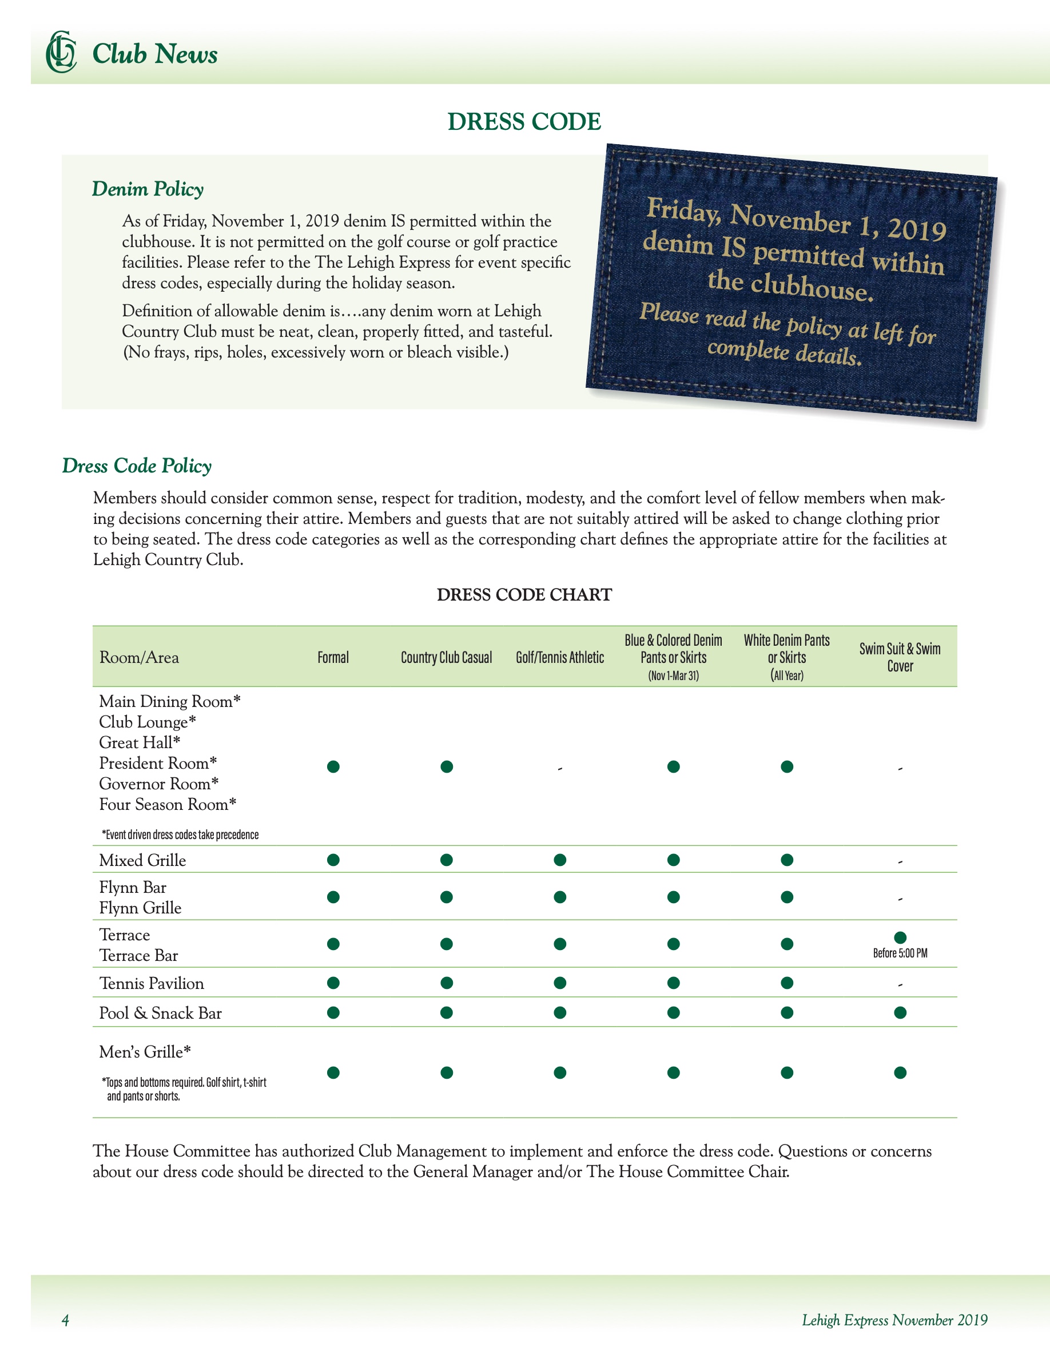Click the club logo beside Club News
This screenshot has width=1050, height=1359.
tap(61, 52)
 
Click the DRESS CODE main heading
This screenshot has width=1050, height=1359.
tap(524, 121)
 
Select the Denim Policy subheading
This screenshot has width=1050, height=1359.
tap(148, 189)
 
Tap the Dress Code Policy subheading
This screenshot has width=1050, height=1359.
tap(137, 466)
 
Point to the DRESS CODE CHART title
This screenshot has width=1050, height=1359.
tap(524, 595)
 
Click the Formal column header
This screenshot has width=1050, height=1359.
tap(333, 657)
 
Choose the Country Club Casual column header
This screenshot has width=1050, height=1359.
tap(446, 657)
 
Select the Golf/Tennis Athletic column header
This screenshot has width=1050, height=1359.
tap(559, 657)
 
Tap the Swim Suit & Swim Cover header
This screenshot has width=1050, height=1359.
tap(900, 657)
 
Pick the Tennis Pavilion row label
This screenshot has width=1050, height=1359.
tap(152, 983)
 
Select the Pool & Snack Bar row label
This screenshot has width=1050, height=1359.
tap(161, 1013)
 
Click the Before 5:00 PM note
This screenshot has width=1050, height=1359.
tap(900, 953)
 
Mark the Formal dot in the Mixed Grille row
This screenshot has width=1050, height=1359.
tap(333, 860)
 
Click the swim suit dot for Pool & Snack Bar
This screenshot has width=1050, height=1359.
tap(900, 1012)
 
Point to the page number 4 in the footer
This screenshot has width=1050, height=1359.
tap(65, 1320)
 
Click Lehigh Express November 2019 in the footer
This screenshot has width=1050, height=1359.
tap(894, 1320)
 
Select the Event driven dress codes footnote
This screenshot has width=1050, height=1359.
tap(180, 835)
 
